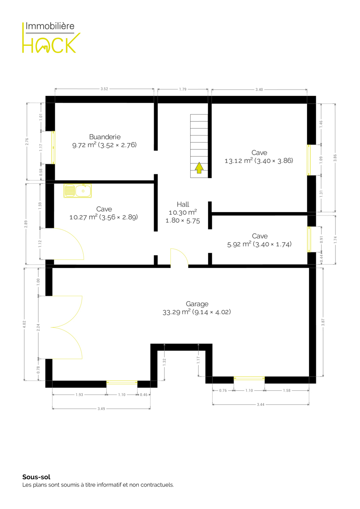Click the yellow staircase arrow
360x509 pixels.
(199, 168)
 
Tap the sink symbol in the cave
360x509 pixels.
(78, 190)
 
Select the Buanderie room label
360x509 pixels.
(105, 137)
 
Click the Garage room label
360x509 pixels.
(197, 304)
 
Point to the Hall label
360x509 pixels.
(183, 204)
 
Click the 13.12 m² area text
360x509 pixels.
(239, 161)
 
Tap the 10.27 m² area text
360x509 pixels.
(84, 217)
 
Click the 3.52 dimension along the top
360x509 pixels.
(104, 89)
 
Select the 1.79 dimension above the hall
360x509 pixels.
(183, 89)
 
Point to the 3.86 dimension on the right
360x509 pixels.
(335, 158)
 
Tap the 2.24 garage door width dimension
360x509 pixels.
(38, 327)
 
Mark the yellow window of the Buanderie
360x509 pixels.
(53, 148)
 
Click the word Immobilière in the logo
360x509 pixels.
(50, 26)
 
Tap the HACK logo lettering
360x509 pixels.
(51, 43)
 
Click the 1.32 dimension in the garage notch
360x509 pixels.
(164, 362)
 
